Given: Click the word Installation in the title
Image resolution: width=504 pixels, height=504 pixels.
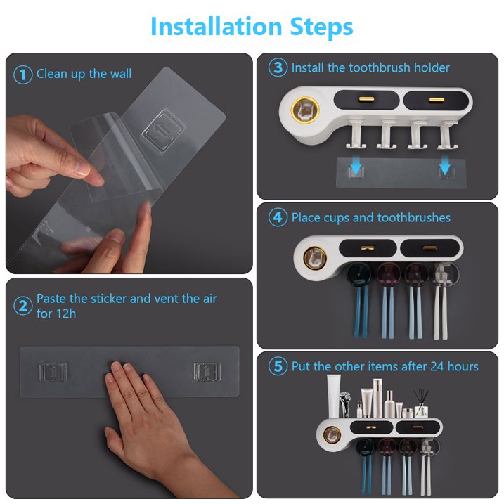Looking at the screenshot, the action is [217, 26].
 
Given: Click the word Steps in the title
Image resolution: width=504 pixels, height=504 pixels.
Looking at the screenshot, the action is [321, 27].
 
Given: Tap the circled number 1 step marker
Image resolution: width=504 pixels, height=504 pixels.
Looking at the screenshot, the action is [22, 75].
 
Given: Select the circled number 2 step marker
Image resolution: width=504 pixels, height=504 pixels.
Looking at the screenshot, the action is [22, 306].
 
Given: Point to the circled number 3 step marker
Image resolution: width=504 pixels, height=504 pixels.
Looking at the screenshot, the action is [278, 67].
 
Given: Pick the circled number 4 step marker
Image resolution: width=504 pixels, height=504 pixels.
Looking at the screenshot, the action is [278, 217].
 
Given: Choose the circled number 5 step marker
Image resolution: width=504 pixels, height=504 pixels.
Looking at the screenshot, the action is [278, 366].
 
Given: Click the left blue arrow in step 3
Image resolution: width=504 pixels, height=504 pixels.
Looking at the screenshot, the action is [356, 165].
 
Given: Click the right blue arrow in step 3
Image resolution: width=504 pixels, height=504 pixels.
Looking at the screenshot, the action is [444, 165].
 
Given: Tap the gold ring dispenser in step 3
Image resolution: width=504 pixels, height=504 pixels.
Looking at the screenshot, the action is [304, 110].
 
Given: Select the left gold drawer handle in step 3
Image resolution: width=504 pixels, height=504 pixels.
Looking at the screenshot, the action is [366, 98].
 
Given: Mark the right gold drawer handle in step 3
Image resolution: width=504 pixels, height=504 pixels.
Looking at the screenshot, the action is [437, 99].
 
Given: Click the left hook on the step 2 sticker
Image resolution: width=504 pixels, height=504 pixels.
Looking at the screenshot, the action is [53, 372].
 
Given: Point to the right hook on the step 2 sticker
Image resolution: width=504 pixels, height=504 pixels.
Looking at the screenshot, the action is [207, 372].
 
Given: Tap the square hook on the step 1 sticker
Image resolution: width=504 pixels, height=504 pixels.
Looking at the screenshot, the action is [163, 131].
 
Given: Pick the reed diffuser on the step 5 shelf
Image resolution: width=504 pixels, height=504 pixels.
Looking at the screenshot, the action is [421, 403].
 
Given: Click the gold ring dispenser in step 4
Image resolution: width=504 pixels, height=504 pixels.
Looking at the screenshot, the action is [315, 258].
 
